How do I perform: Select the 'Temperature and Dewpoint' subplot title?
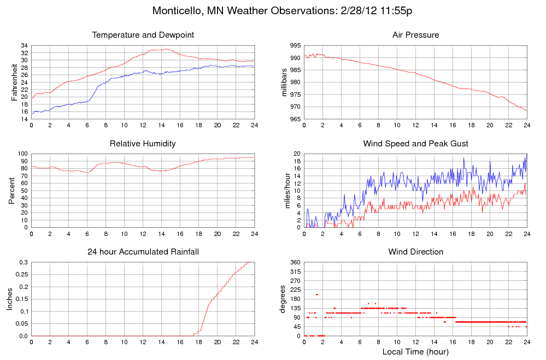click(x=143, y=36)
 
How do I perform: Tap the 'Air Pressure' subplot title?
click(x=415, y=36)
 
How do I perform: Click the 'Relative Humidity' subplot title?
click(x=143, y=144)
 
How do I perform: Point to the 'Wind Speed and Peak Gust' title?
click(x=415, y=144)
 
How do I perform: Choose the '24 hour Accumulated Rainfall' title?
click(x=143, y=252)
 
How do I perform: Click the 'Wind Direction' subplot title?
click(x=415, y=252)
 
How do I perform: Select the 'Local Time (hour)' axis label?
click(x=415, y=351)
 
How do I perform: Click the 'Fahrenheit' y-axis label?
click(x=15, y=82)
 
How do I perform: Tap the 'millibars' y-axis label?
click(x=284, y=82)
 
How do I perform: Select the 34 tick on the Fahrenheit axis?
click(x=24, y=46)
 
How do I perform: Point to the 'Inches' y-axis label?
click(x=10, y=299)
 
